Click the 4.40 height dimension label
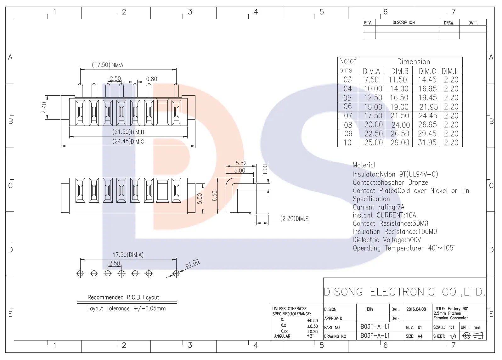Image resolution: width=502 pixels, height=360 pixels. point(44,108)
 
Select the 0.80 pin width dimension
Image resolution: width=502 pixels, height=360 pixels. point(151,79)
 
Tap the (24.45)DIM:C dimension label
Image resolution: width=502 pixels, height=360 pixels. point(128,141)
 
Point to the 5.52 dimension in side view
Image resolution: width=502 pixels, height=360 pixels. point(241,163)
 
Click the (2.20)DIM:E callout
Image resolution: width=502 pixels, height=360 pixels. point(294,218)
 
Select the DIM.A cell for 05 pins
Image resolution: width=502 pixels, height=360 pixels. point(373,98)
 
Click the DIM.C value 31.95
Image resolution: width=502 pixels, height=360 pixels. point(427,143)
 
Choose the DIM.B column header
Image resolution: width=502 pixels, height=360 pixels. point(400,71)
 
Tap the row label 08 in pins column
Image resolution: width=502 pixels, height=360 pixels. point(348,125)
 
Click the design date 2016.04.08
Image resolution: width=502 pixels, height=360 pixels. point(416,309)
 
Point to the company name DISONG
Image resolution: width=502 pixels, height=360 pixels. point(343,292)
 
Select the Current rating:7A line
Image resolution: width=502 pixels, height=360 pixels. point(379,207)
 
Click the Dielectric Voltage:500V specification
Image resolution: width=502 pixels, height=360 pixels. point(387,240)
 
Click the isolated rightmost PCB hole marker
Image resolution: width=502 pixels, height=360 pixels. point(176,273)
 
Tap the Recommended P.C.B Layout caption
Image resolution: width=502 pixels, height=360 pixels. point(123,297)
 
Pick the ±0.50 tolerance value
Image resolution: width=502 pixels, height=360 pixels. point(313,321)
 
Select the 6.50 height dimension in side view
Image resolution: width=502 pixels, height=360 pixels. point(214,196)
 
